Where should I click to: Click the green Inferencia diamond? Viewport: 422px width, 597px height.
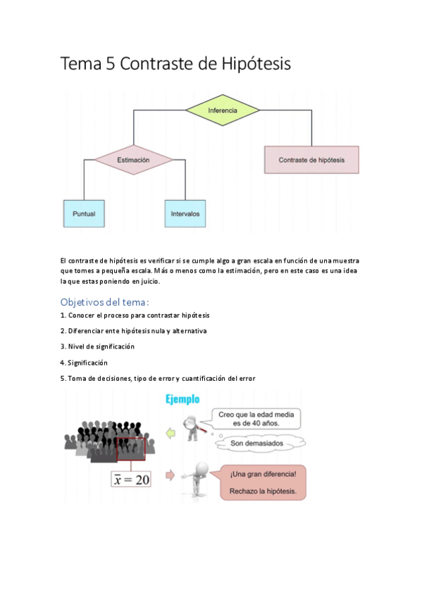[223, 111]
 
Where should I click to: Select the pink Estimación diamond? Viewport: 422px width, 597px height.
[133, 160]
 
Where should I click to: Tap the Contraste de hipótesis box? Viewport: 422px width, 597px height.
[311, 160]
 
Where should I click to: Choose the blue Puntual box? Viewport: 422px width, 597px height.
[84, 213]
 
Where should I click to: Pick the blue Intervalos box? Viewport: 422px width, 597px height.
[185, 213]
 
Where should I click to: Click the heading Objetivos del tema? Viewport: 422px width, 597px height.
[105, 301]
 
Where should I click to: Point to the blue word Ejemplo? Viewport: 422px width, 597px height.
[183, 401]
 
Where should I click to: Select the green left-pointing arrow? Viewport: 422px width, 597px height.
[170, 434]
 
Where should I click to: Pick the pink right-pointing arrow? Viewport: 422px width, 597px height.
[170, 476]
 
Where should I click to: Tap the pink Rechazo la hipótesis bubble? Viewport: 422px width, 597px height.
[263, 482]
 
